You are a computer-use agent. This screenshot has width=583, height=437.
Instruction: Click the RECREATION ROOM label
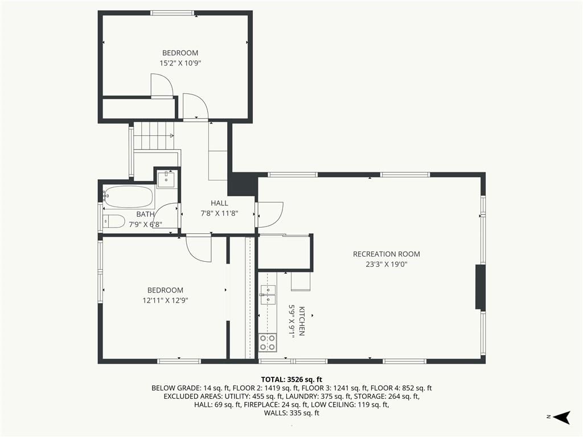click(387, 254)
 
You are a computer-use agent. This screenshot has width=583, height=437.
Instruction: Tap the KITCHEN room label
click(302, 321)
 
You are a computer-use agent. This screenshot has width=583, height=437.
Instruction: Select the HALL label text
click(219, 203)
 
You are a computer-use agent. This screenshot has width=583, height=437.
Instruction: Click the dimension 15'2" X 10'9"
click(180, 63)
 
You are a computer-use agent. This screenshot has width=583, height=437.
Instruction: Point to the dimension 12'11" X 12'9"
click(166, 300)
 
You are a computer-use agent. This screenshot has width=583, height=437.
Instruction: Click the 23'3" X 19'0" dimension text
click(387, 265)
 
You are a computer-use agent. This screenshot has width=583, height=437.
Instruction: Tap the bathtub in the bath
click(129, 197)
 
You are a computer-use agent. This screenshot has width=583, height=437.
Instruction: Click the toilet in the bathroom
click(114, 221)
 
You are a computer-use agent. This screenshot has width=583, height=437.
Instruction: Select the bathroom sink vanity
click(166, 179)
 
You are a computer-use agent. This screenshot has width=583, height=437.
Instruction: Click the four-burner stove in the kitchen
click(268, 343)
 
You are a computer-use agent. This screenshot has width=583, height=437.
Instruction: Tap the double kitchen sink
click(268, 294)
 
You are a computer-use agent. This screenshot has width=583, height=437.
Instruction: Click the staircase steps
click(154, 135)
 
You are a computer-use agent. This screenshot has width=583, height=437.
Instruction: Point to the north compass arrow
click(561, 417)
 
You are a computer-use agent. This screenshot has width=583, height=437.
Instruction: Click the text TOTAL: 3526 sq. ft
click(291, 380)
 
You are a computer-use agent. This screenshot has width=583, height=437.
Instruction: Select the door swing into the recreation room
click(270, 215)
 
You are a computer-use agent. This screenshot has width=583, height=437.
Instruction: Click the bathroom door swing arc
click(166, 216)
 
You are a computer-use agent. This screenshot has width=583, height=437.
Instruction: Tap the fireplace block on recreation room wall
click(481, 287)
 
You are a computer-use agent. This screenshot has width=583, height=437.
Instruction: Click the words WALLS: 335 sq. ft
click(291, 413)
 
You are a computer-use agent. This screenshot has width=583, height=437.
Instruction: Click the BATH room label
click(145, 214)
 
